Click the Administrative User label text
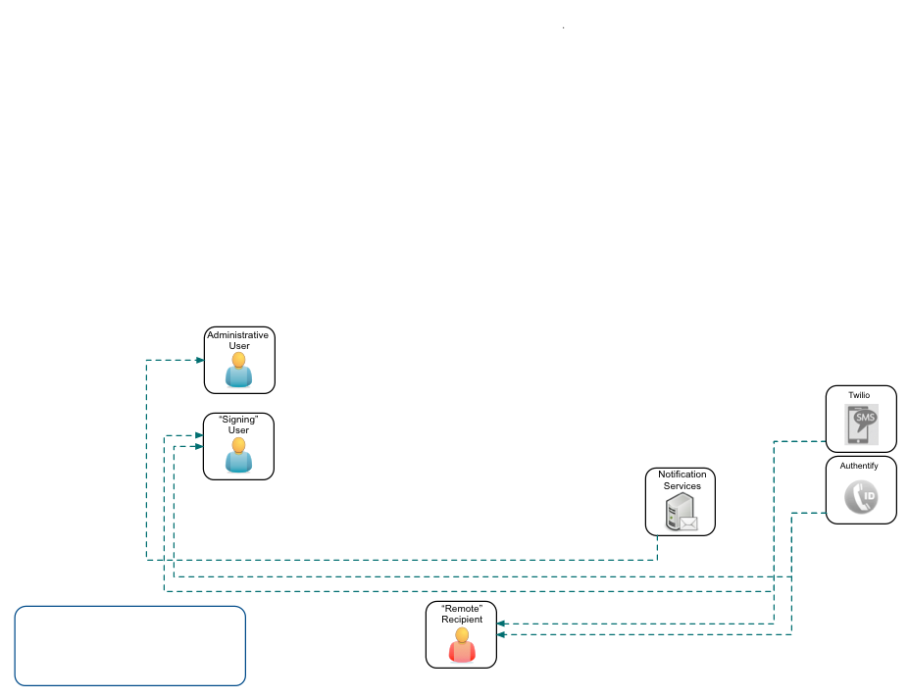(237, 340)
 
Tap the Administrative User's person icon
(238, 371)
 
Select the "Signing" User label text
(238, 424)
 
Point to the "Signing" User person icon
(238, 456)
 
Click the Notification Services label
(682, 480)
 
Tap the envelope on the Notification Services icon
(688, 524)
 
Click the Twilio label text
(859, 395)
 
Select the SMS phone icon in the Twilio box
(862, 425)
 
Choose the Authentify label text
(859, 466)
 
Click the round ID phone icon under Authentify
(861, 499)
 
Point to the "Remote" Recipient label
(462, 615)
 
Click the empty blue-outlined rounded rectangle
(129, 645)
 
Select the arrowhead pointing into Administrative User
(200, 360)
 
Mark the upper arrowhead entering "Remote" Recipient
(501, 623)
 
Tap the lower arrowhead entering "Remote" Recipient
(501, 634)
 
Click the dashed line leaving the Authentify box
(809, 512)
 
